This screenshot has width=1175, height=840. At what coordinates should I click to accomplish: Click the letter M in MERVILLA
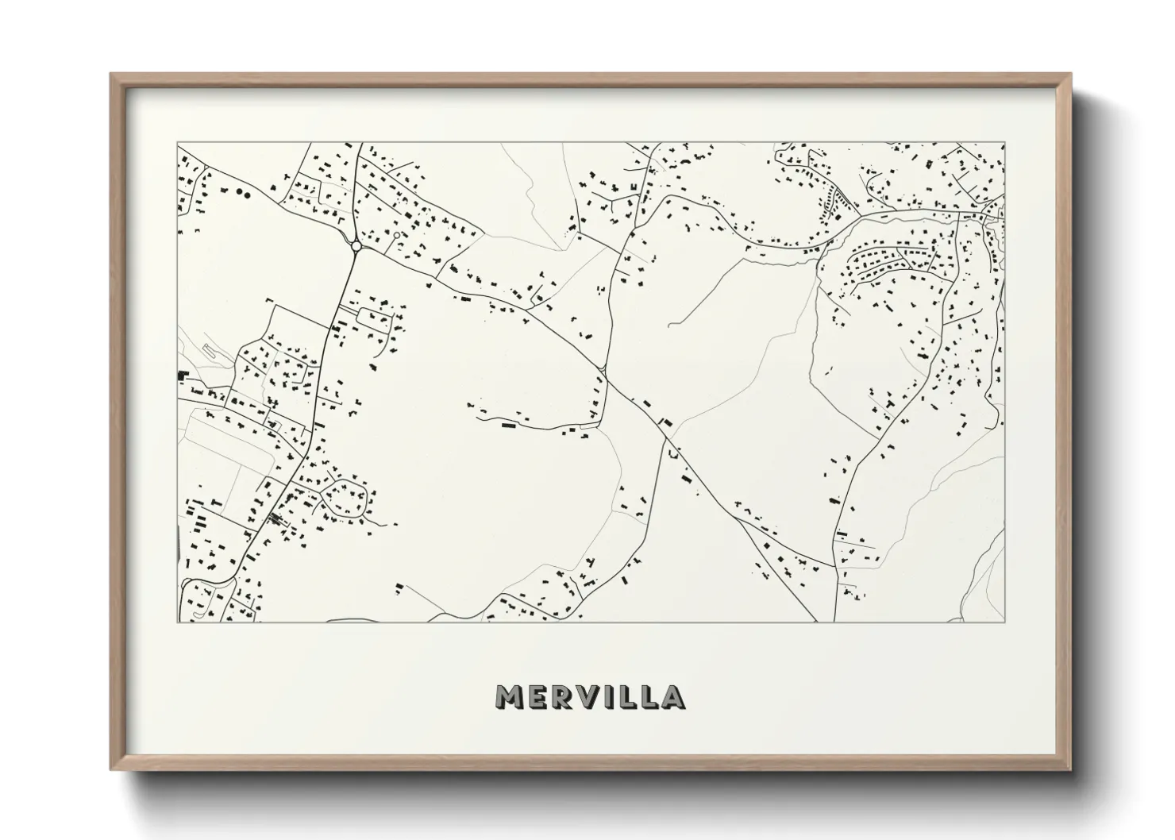point(510,696)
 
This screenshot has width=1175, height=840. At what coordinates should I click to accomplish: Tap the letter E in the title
point(540,696)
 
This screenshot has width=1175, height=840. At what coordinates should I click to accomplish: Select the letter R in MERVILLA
point(566,696)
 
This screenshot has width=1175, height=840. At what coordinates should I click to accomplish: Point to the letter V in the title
point(594,696)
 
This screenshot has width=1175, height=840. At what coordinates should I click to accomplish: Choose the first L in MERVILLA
point(631,696)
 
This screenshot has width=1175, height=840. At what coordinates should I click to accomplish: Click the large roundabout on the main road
point(356,246)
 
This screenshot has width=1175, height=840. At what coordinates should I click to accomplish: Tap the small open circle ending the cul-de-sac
point(395,236)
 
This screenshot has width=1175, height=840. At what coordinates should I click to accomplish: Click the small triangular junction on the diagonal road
point(604,370)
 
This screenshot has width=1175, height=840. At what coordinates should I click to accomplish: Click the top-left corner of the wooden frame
point(111,74)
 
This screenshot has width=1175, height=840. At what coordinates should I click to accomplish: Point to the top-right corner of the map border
point(1005,143)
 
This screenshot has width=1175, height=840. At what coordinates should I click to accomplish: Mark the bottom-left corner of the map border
point(177,622)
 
